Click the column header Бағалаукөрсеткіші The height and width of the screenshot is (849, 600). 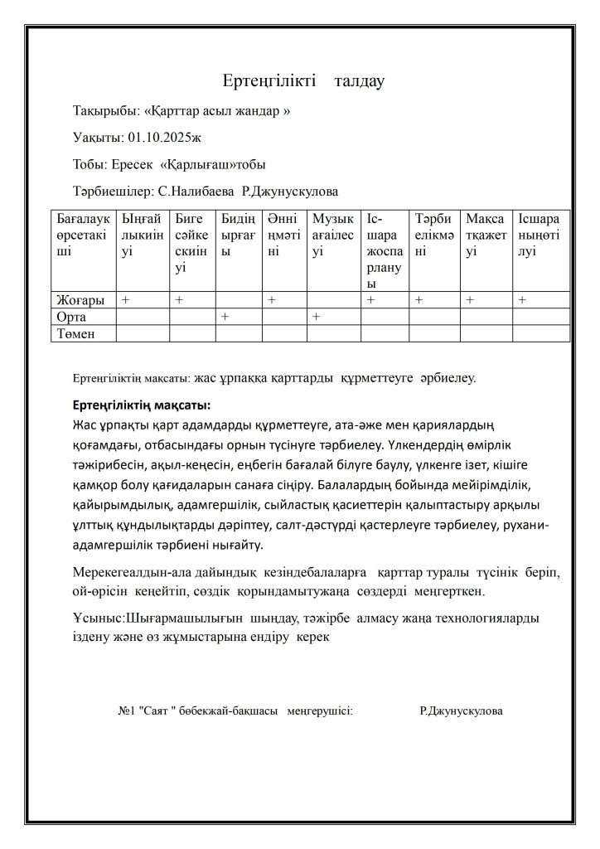pyautogui.click(x=82, y=235)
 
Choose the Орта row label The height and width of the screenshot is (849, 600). pyautogui.click(x=70, y=317)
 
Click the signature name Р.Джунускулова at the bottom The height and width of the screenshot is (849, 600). pyautogui.click(x=461, y=711)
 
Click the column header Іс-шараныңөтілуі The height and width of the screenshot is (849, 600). pyautogui.click(x=539, y=235)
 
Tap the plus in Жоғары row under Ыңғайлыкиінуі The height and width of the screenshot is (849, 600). pyautogui.click(x=126, y=299)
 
